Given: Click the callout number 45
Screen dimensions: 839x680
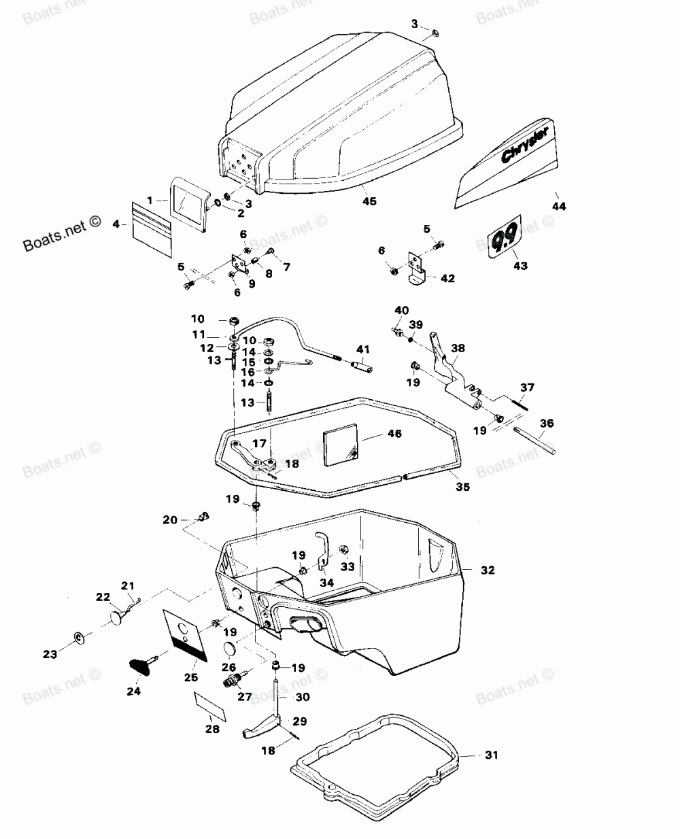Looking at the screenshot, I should coord(369,201).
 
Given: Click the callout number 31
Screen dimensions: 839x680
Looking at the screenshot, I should coord(492,755).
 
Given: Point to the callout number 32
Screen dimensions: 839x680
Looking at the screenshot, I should coord(488,570).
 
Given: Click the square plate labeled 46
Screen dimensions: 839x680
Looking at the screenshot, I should coord(343,445).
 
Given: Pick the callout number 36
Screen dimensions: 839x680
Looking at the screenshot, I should coord(547,424).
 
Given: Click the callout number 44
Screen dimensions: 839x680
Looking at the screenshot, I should coord(558,206).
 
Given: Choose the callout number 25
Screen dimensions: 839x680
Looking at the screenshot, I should coord(191,677).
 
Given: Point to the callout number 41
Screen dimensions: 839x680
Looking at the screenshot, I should coord(362,349).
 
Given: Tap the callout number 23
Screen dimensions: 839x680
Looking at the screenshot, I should coord(50,654).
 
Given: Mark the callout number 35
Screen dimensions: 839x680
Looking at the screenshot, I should coord(462,487).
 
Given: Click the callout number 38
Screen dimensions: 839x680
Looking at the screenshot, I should coord(458,347).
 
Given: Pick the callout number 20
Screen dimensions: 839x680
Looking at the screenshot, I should coord(170,519).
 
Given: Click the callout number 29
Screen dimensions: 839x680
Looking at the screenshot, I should coord(300,721).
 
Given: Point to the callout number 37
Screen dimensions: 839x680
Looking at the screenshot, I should coord(528,388).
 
